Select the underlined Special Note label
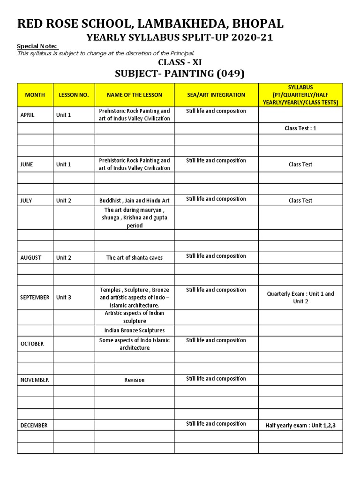pos(37,46)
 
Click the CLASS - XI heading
pos(180,62)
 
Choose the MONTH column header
pos(35,95)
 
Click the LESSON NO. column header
pos(74,95)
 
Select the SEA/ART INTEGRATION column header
pos(216,95)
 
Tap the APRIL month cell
pos(28,115)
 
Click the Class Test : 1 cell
pos(300,128)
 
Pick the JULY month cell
pos(26,201)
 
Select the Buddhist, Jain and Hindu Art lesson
pos(135,201)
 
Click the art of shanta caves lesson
pos(135,258)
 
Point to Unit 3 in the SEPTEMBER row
pos(64,298)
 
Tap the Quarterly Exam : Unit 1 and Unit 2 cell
pos(300,298)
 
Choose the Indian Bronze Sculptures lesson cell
pos(135,330)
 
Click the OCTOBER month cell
pos(32,344)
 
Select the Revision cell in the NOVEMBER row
pos(135,380)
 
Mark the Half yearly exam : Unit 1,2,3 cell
pos(300,426)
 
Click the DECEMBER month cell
pos(34,426)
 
